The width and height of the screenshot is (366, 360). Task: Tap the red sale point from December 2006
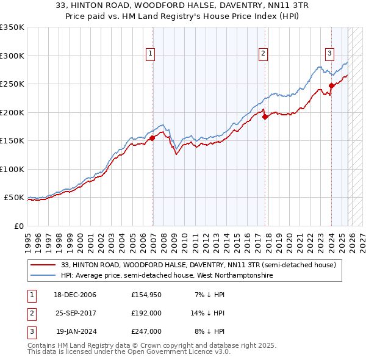(152, 138)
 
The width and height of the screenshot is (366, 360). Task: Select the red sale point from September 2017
(265, 117)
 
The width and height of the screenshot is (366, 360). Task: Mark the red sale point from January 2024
(331, 85)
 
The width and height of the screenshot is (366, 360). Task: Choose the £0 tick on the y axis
(18, 226)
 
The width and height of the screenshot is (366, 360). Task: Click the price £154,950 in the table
(146, 295)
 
